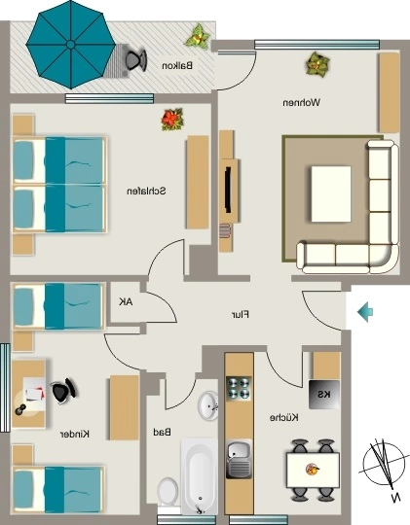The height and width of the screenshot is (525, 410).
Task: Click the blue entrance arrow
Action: [x=365, y=312]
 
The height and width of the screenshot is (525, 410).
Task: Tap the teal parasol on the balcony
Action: [x=71, y=45]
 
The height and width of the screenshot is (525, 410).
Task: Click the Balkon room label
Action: [x=177, y=66]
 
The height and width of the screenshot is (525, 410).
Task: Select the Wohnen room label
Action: [x=301, y=102]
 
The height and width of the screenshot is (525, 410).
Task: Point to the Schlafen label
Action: [x=146, y=192]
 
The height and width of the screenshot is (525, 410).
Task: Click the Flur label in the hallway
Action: [x=241, y=315]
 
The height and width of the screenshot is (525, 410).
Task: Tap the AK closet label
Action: [x=126, y=302]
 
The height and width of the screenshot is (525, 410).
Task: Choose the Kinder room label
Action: [x=75, y=435]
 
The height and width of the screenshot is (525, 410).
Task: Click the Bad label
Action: [x=162, y=433]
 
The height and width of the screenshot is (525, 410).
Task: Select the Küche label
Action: [x=284, y=417]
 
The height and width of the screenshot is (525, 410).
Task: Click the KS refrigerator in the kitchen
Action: [x=324, y=395]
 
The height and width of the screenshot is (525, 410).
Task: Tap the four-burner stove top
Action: [x=239, y=388]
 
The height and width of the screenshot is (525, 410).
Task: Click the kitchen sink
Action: [x=239, y=459]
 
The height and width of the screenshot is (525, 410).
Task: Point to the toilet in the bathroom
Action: [x=168, y=492]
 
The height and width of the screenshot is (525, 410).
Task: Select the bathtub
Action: [x=199, y=476]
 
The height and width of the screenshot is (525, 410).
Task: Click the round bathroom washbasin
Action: [x=207, y=405]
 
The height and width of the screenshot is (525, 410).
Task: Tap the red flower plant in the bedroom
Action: [x=172, y=120]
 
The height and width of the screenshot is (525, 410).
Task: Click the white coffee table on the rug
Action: [x=331, y=193]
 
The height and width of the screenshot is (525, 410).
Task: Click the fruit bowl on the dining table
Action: [x=313, y=469]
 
